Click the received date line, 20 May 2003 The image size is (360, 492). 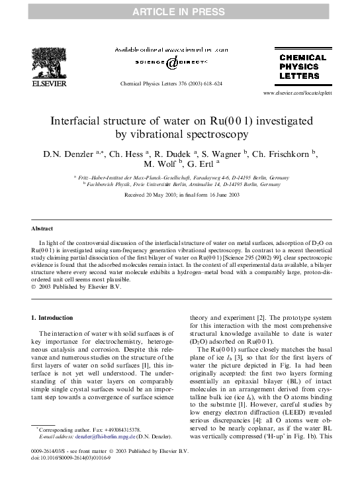[181, 195]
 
